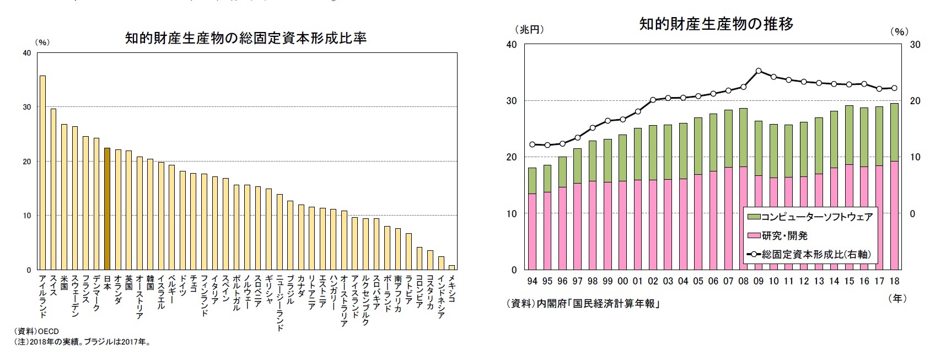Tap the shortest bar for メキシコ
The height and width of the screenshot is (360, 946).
coord(452,267)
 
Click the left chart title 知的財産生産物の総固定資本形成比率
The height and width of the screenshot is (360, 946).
coord(246,39)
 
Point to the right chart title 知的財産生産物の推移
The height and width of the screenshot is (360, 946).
coord(716,24)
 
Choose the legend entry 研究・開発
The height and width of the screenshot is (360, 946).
coord(784,236)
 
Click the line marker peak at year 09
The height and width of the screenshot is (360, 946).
coord(759,71)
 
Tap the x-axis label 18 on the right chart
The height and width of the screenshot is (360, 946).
coord(894,281)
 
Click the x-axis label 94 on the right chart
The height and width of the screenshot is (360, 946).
coord(532,281)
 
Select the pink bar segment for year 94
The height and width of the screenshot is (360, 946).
coord(532,232)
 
